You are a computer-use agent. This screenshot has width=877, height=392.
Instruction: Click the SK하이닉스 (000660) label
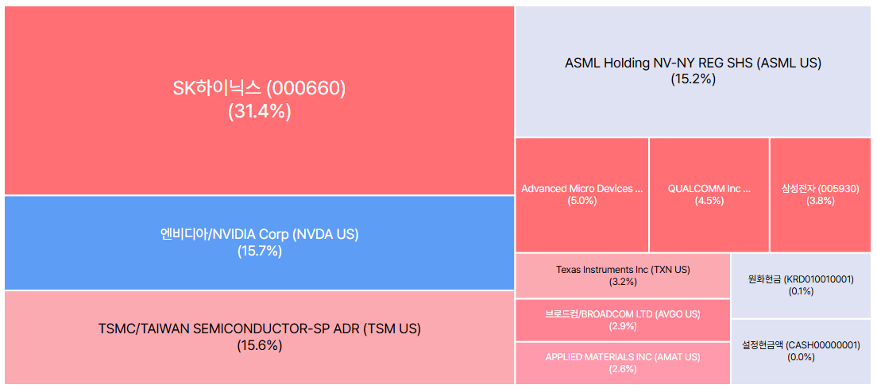(x=260, y=89)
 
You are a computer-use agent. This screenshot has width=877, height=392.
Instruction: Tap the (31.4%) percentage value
(x=260, y=112)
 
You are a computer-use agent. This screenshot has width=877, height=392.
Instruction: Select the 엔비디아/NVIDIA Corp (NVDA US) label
(x=260, y=235)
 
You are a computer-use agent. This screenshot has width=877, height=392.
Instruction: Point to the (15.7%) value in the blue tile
(x=260, y=252)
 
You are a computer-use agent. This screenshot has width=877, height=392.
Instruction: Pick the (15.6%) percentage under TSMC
(x=260, y=346)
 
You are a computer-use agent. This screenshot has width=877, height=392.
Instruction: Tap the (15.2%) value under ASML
(x=693, y=79)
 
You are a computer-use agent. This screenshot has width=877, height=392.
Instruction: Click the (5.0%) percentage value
(x=581, y=201)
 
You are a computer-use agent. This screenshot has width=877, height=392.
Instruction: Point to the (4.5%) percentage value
(x=709, y=201)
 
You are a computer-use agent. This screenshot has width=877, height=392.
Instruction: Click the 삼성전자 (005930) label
(x=821, y=189)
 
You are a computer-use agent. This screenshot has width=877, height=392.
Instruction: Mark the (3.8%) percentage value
(x=821, y=201)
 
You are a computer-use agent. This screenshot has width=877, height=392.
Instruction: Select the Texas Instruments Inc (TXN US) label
(x=623, y=270)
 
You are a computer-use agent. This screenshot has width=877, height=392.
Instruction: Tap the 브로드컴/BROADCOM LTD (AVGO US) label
(x=623, y=314)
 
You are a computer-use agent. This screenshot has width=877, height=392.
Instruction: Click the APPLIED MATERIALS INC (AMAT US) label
(x=623, y=357)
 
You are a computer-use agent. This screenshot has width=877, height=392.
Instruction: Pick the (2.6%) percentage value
(x=623, y=368)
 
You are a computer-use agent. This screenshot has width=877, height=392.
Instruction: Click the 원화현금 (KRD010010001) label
(x=801, y=279)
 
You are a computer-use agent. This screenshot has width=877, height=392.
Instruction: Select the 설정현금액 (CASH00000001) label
(x=801, y=345)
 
